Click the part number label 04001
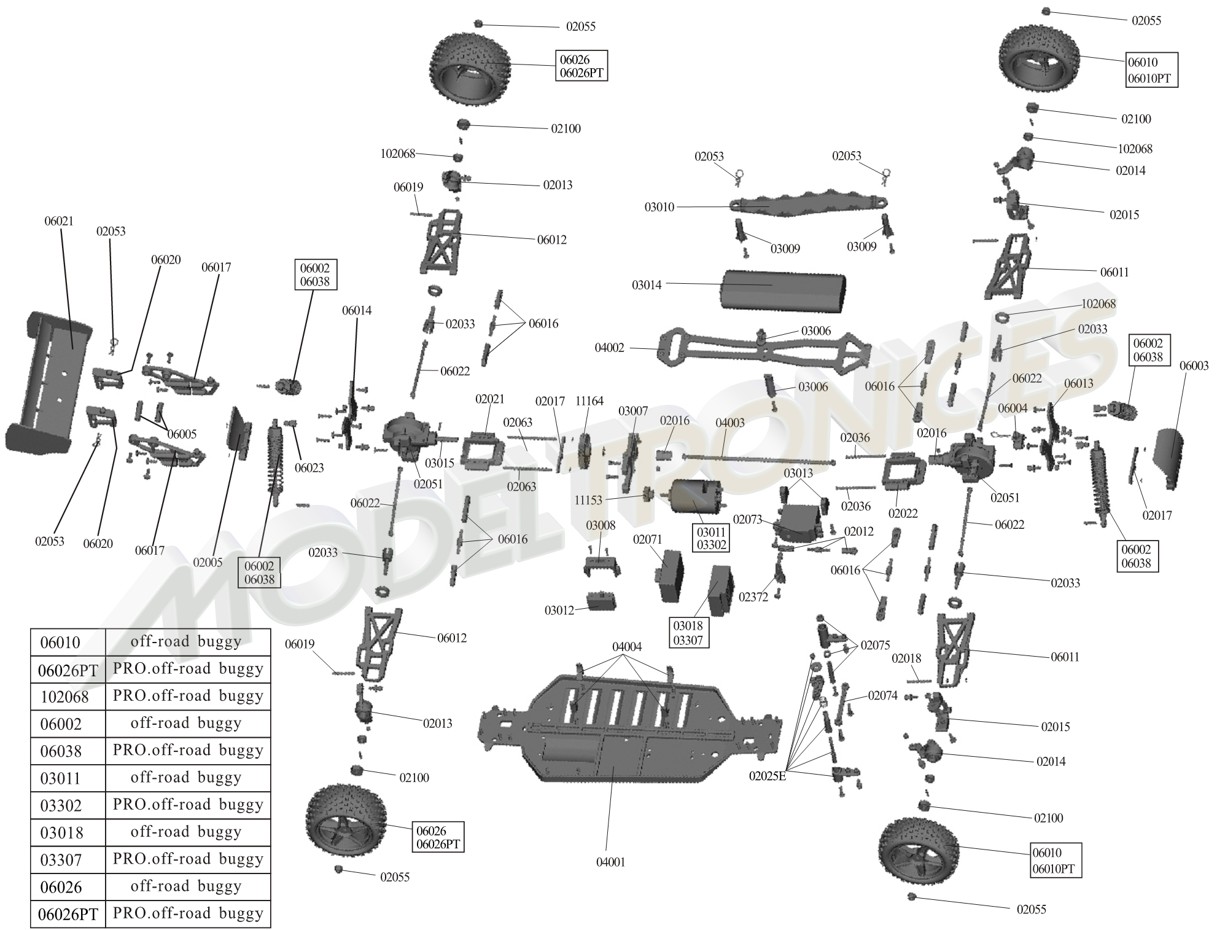point(610,862)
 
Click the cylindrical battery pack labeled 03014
point(783,298)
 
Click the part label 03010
point(659,208)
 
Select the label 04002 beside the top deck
point(609,348)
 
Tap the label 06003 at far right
point(1194,366)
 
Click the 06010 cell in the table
point(60,643)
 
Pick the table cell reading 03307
point(60,861)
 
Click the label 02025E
point(767,776)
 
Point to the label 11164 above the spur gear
point(589,401)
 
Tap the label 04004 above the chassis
point(627,647)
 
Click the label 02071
point(647,540)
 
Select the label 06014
point(357,311)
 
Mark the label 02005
point(208,563)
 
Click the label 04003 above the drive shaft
point(730,423)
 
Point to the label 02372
point(753,597)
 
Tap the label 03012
point(559,611)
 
